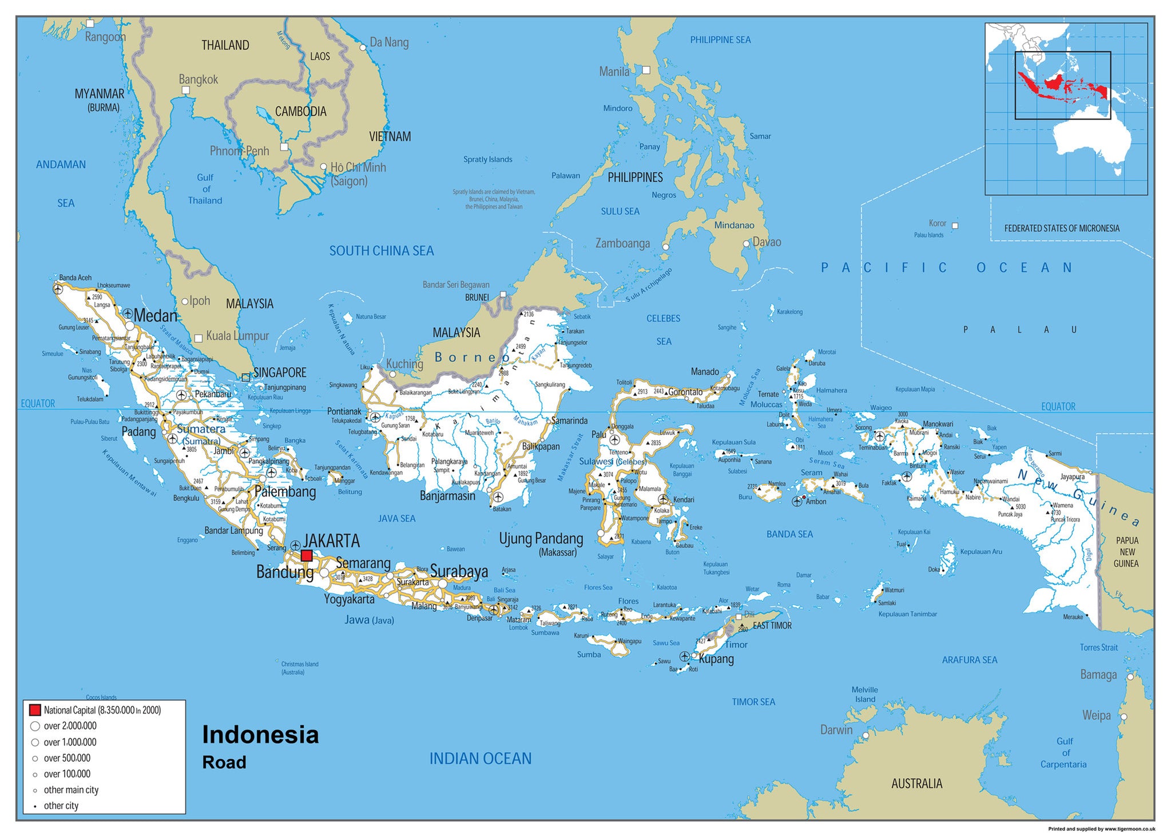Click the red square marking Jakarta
click(307, 556)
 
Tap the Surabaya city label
click(459, 571)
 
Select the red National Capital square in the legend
click(35, 710)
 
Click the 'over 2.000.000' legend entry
click(70, 726)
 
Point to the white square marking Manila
click(646, 70)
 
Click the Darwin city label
click(836, 729)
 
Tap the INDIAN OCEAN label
click(481, 759)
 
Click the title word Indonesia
click(260, 735)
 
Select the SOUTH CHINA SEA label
click(382, 251)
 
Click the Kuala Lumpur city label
click(237, 336)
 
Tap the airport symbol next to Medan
click(128, 314)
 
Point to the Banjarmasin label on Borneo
click(447, 496)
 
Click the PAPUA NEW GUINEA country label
click(1126, 552)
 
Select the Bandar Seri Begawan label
click(456, 285)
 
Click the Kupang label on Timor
click(716, 659)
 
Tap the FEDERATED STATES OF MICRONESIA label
click(1062, 228)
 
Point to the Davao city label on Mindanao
click(767, 242)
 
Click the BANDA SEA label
click(789, 534)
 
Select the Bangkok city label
click(198, 80)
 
